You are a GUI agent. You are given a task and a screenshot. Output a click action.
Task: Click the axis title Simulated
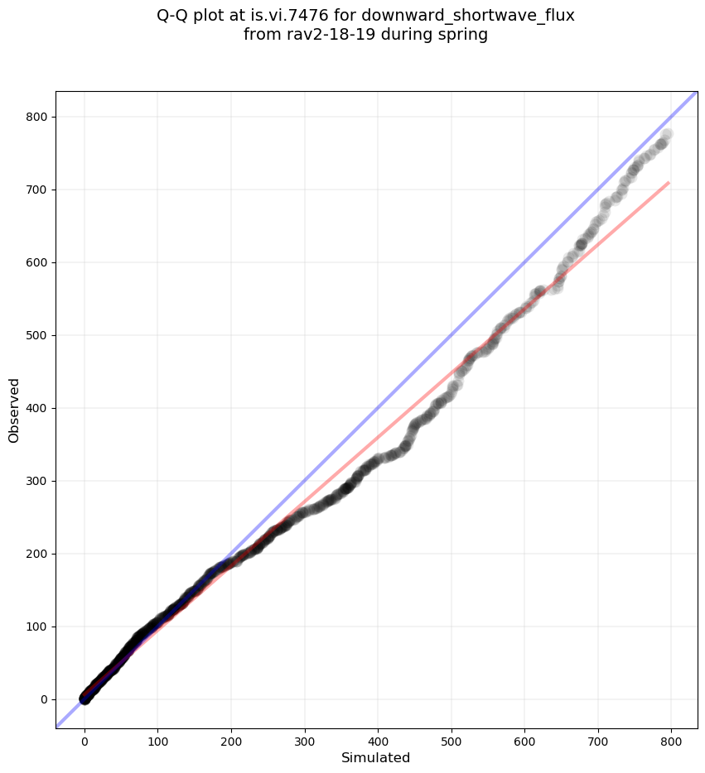pyautogui.click(x=376, y=757)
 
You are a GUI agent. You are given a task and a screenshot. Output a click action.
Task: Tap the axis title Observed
pyautogui.click(x=14, y=411)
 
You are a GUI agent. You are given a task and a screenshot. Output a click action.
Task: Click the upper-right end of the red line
pyautogui.click(x=669, y=183)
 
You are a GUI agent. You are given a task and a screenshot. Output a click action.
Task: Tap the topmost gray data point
pyautogui.click(x=667, y=134)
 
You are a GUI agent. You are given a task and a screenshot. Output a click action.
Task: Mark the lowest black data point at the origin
pyautogui.click(x=85, y=699)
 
